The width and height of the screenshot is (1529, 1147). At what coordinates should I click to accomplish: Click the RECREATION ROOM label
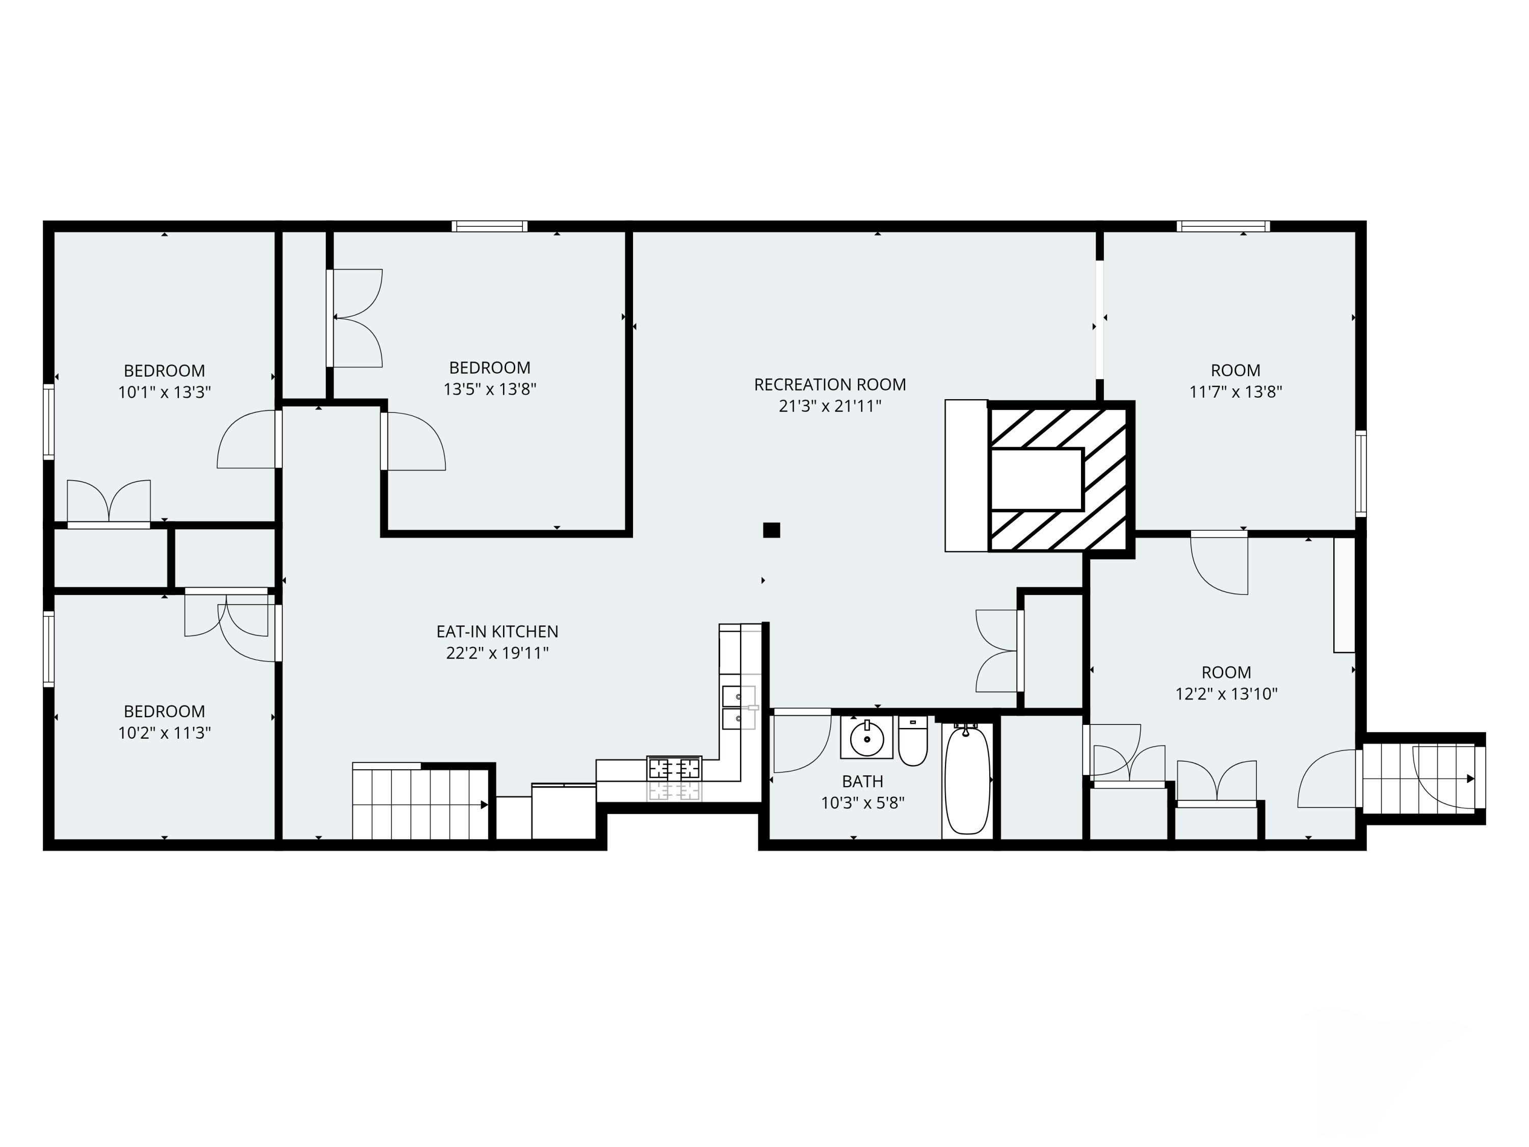click(829, 384)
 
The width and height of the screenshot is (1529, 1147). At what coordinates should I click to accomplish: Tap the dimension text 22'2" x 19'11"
click(497, 653)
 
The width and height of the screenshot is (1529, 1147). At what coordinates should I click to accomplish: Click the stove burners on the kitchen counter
click(674, 769)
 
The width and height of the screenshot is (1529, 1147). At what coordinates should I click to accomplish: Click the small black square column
click(772, 530)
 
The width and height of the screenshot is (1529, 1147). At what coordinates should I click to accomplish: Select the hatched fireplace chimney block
click(1060, 477)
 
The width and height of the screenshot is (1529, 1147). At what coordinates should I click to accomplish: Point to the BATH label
click(862, 781)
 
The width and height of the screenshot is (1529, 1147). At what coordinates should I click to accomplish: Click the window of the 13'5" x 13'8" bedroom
click(489, 226)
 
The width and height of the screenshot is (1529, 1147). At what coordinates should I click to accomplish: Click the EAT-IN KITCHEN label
click(497, 631)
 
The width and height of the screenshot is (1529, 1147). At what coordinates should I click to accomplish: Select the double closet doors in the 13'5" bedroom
click(355, 318)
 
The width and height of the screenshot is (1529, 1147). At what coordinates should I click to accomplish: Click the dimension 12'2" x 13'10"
click(1226, 694)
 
